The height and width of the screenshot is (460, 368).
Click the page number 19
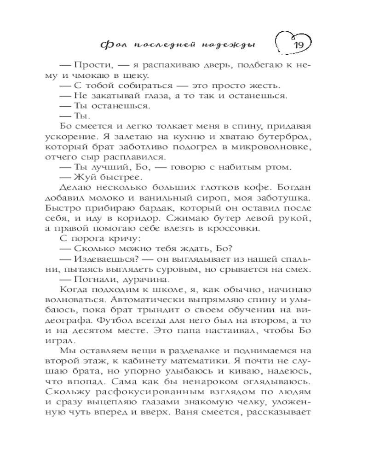coord(297,46)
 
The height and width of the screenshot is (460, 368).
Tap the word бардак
coord(144,208)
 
